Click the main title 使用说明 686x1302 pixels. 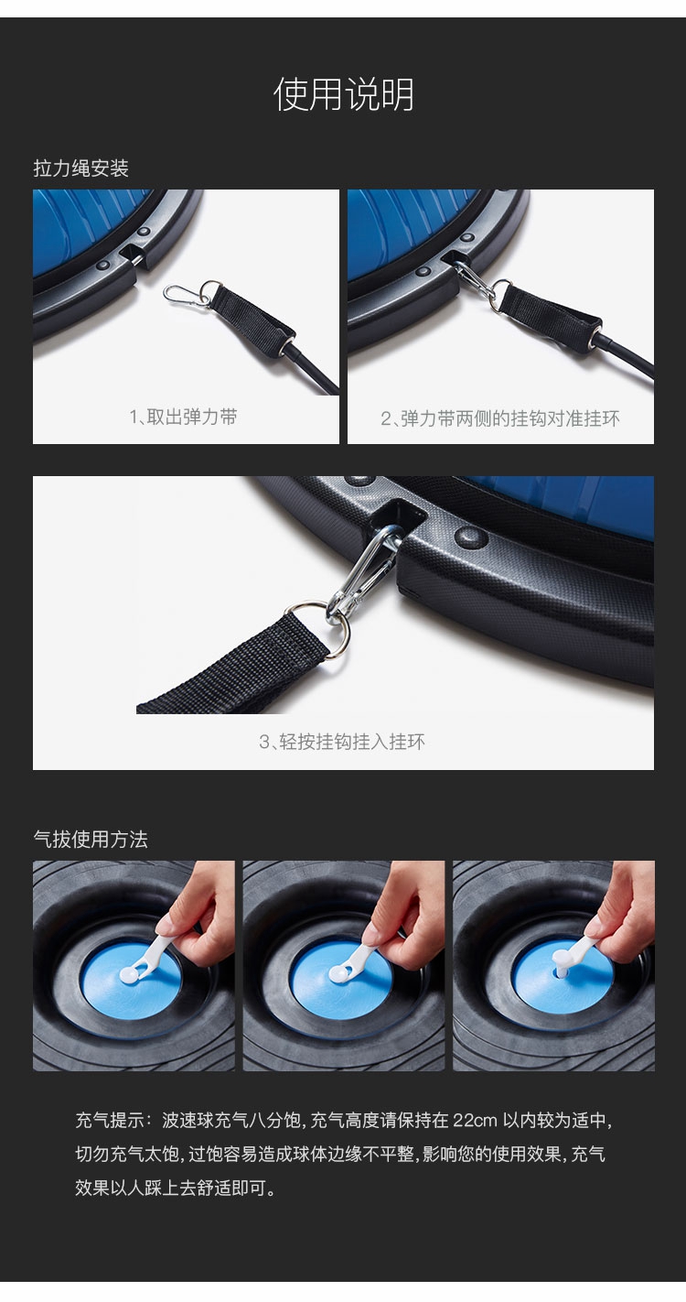point(343,94)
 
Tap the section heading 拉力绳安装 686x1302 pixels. point(80,168)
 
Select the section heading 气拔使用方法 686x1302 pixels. point(91,839)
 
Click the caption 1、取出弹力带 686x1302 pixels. point(184,417)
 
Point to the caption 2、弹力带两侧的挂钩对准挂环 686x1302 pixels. point(500,418)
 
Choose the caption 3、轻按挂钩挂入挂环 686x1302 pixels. point(342,742)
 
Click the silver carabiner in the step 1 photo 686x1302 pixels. point(187,294)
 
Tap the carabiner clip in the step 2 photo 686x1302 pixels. point(475,283)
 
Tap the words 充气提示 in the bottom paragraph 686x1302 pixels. point(110,1120)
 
